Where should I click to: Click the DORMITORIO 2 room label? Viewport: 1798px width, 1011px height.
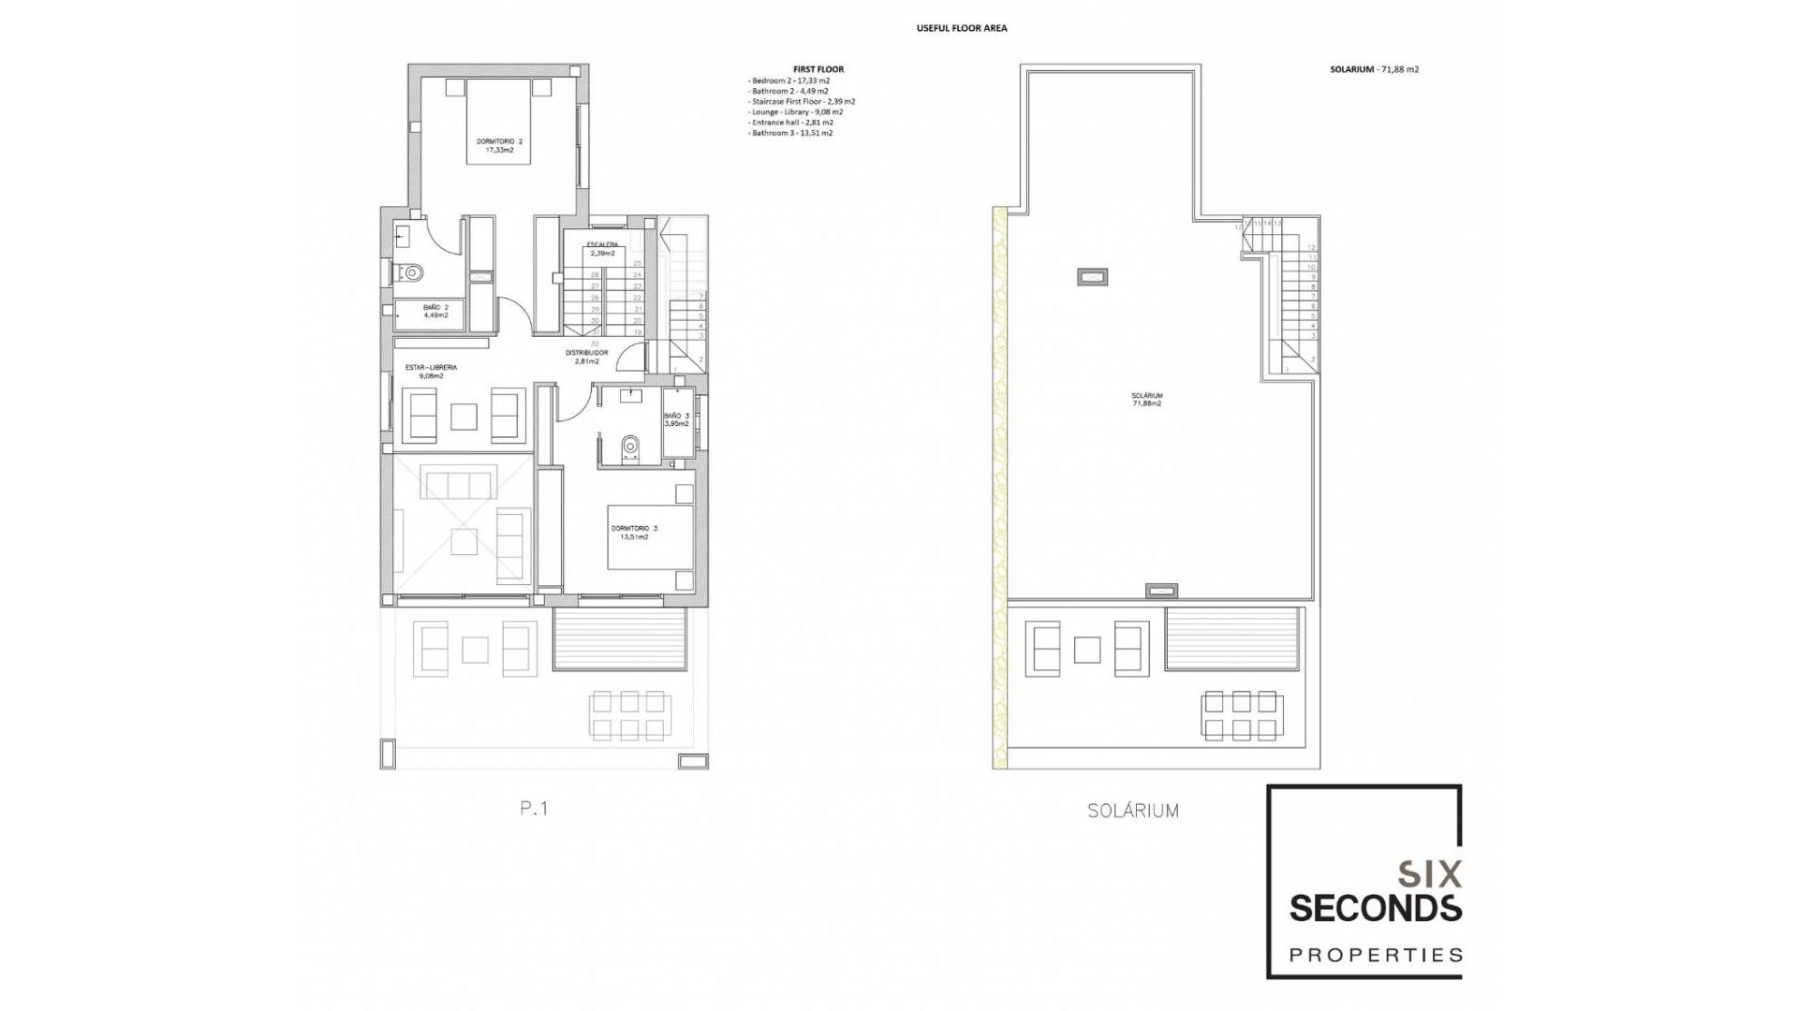pos(499,145)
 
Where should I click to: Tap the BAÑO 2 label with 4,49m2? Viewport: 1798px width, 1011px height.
pos(435,311)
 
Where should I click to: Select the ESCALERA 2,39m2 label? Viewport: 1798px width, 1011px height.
pos(602,249)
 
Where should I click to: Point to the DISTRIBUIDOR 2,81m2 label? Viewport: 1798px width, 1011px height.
pos(586,357)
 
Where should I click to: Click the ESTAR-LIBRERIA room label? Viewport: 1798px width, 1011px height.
pos(431,372)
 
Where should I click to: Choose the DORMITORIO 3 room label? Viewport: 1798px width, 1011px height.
pos(634,533)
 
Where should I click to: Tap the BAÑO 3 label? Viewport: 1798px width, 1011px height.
pos(676,419)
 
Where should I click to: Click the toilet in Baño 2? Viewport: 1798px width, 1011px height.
pos(410,272)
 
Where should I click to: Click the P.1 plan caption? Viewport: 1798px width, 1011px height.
pos(534,809)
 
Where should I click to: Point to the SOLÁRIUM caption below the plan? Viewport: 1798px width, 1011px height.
pos(1132,812)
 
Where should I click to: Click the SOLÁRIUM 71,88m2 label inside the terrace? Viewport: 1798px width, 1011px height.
pos(1146,400)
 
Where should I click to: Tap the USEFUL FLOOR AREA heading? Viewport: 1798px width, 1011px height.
pos(961,28)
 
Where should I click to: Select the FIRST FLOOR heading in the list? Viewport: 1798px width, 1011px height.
pos(818,69)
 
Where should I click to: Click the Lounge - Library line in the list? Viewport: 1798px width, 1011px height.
pos(796,111)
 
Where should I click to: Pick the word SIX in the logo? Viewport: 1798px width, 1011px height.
pos(1429,874)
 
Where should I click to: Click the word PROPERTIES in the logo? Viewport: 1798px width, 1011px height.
pos(1376,955)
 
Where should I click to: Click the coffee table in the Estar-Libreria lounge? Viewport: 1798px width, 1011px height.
pos(464,417)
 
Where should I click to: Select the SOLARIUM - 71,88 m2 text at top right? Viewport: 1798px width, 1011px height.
pos(1374,69)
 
